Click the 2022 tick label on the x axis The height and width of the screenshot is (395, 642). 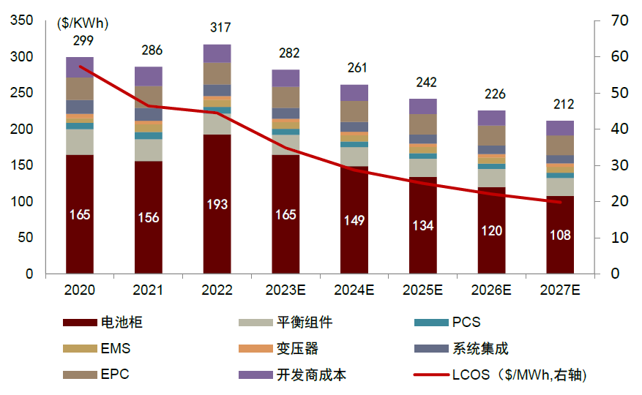[217, 290]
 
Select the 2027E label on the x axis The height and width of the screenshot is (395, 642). [560, 290]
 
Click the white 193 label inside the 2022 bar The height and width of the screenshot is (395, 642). [217, 205]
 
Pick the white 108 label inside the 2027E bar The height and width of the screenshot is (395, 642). [560, 236]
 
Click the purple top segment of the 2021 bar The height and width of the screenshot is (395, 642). [149, 76]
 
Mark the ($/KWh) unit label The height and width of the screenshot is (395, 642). [83, 24]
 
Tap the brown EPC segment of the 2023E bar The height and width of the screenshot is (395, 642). [285, 97]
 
